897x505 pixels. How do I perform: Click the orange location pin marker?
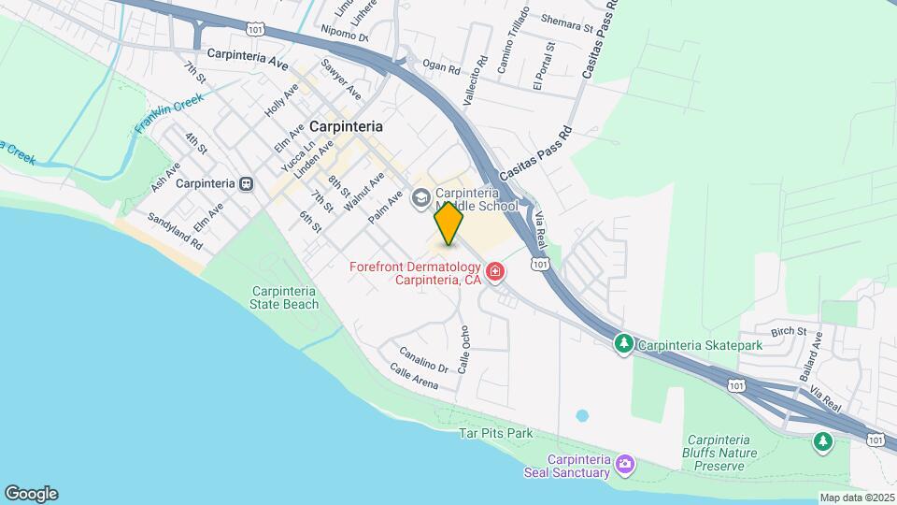pos(448,224)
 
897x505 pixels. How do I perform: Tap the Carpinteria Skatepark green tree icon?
pos(623,345)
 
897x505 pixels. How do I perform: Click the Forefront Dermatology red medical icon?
pos(495,272)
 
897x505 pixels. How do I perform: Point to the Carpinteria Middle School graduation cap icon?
pos(421,197)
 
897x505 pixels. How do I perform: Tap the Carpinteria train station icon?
pos(246,183)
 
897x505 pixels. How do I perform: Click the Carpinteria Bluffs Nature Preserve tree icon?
pos(822,441)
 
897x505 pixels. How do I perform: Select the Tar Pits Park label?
pos(495,434)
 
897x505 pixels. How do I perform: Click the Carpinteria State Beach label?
pos(285,296)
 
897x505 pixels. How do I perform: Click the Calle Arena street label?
pos(414,377)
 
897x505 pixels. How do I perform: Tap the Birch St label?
pos(788,332)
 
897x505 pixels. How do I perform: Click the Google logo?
pos(31,493)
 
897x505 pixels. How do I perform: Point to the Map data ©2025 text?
pos(856,498)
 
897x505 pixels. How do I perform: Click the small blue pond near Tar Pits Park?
pos(583,414)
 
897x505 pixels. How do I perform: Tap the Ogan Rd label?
pos(441,68)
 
